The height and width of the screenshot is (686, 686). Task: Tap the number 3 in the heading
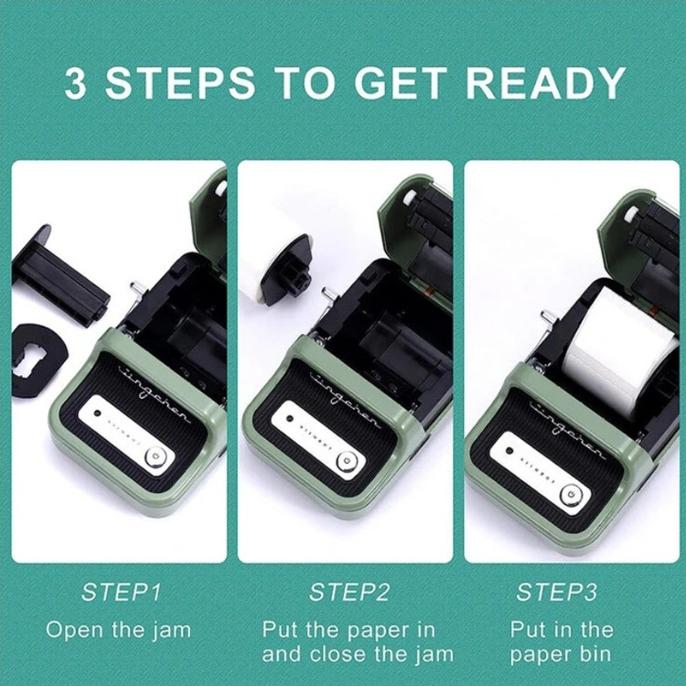(75, 82)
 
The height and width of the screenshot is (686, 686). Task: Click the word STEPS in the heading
(180, 82)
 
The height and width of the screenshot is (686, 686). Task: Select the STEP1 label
(121, 593)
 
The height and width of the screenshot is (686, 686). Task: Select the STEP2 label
(349, 593)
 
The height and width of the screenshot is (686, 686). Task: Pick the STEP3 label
(556, 593)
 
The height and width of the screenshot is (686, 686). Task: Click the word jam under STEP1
(173, 631)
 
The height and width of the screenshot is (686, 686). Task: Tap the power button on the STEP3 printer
(572, 494)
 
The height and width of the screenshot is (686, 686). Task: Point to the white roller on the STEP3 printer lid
(631, 214)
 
